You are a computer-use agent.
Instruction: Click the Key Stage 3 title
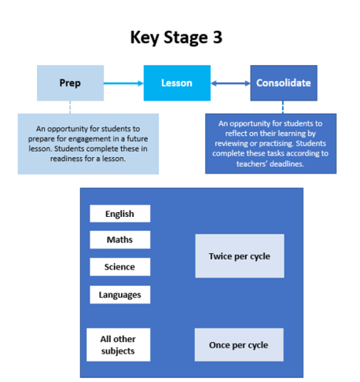click(176, 38)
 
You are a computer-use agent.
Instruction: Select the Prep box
click(70, 83)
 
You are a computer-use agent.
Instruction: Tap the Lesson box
click(177, 83)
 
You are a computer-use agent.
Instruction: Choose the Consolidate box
click(284, 83)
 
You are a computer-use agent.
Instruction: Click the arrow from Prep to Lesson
click(123, 83)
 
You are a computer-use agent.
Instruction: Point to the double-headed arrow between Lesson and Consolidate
click(230, 83)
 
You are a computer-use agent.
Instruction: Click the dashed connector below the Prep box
click(70, 107)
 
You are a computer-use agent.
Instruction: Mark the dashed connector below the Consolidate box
click(283, 107)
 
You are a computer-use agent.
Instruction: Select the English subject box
click(120, 214)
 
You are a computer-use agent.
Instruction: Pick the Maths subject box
click(120, 240)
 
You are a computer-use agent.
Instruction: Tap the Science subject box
click(120, 266)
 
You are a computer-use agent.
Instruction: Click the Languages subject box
click(120, 295)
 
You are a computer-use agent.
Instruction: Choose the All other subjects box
click(119, 345)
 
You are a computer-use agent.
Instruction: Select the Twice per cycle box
click(240, 256)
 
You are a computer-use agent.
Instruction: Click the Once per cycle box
click(239, 345)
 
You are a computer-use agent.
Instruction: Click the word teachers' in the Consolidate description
click(252, 164)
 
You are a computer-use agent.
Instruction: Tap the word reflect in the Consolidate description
click(236, 134)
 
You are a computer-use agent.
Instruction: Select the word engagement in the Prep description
click(89, 139)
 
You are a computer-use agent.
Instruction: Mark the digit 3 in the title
click(218, 37)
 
